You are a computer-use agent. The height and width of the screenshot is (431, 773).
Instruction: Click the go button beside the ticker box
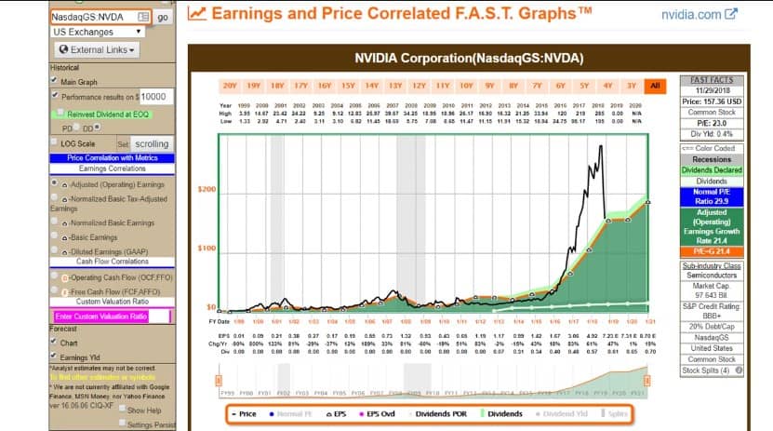coord(163,17)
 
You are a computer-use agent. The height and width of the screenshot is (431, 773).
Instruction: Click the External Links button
coord(98,49)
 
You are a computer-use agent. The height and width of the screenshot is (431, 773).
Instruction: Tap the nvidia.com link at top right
coord(692,15)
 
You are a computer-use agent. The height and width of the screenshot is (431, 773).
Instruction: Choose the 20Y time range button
coord(230,87)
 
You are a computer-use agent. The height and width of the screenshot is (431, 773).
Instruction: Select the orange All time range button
coord(656,87)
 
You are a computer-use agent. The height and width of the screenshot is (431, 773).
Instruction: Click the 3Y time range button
coord(632,87)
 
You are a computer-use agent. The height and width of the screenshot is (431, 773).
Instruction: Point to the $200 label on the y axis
coord(207,189)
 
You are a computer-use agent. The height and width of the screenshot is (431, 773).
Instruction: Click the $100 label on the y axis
coord(207,248)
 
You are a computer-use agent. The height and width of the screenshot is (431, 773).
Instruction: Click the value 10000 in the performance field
coord(153,97)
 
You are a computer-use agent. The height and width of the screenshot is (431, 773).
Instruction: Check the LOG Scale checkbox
coord(54,143)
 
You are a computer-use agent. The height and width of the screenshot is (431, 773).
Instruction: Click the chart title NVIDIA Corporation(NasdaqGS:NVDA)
coord(469,59)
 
